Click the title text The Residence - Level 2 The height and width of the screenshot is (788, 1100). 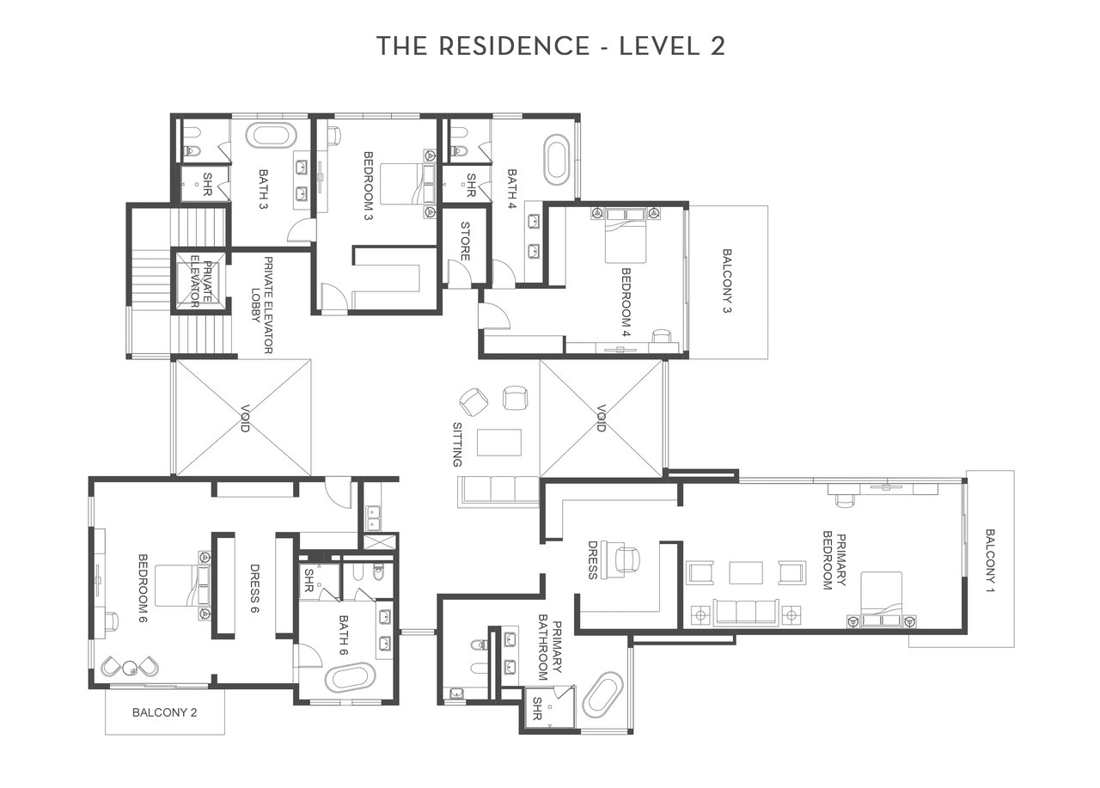(x=551, y=46)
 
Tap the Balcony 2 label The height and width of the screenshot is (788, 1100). (x=164, y=712)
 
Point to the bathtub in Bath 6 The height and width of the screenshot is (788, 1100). (x=350, y=678)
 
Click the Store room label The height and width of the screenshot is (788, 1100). (x=465, y=241)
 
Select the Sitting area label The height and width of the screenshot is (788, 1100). (x=457, y=444)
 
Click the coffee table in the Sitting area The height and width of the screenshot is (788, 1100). (x=499, y=443)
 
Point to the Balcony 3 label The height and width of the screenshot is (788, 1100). (x=727, y=281)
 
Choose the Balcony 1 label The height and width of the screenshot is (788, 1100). (x=990, y=560)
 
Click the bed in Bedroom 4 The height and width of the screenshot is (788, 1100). (x=625, y=235)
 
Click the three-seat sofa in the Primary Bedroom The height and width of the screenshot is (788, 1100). (x=746, y=612)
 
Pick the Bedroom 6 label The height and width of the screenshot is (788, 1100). (x=144, y=588)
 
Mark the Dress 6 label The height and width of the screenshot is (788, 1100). (x=255, y=588)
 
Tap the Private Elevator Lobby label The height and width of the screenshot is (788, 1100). (x=262, y=305)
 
